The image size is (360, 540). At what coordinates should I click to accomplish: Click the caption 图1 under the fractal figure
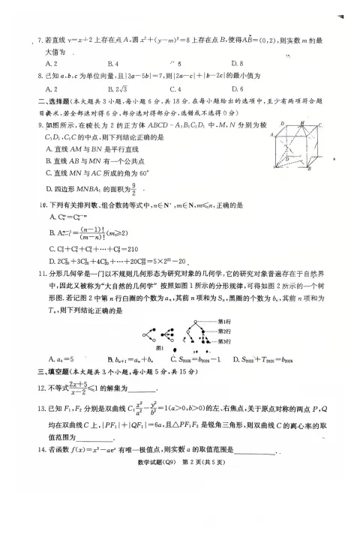(x=160, y=348)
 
